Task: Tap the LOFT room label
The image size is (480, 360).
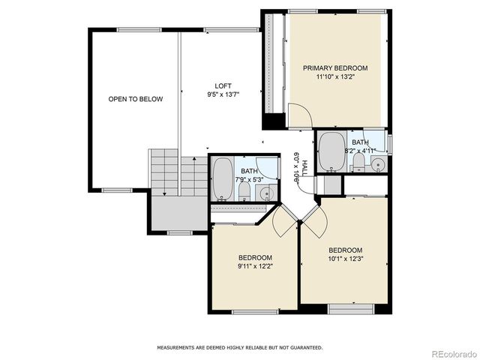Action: (x=223, y=85)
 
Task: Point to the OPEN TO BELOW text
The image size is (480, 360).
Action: (x=136, y=99)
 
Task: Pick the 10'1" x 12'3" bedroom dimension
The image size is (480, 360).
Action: (x=345, y=259)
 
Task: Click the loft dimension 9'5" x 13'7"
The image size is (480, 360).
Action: (x=223, y=94)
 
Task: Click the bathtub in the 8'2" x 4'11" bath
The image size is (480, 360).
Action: (x=331, y=151)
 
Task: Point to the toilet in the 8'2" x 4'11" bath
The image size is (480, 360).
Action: (x=359, y=163)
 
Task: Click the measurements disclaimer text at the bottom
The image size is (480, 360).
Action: (x=239, y=348)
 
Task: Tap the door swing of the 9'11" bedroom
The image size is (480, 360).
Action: (x=284, y=219)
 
